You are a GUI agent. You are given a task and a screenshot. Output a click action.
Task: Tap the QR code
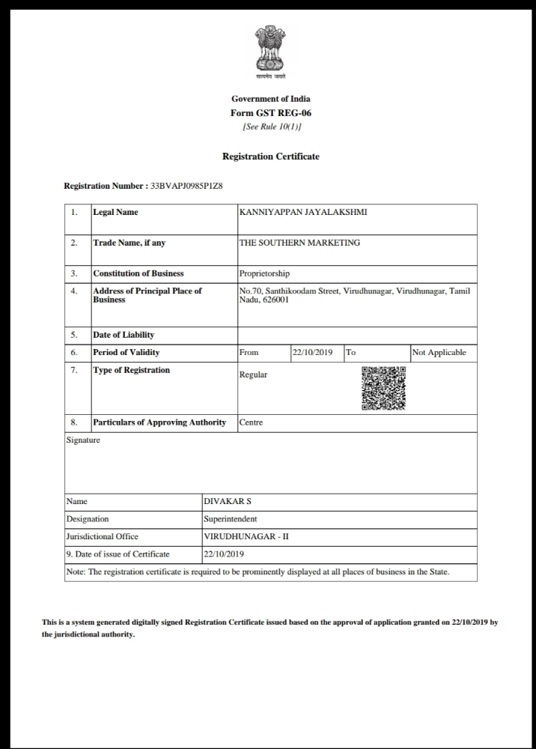383,388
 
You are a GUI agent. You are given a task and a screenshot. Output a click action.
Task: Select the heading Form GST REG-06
271,113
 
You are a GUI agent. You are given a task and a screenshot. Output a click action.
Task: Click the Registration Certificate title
271,157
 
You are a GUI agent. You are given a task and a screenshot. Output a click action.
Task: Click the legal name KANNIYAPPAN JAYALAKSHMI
302,212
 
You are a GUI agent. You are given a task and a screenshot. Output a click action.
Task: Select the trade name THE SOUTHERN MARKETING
299,243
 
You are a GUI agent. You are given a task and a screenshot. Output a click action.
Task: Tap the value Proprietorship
264,273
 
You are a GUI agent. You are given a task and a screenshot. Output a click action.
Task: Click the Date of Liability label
124,335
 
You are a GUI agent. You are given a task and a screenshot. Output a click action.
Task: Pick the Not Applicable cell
439,352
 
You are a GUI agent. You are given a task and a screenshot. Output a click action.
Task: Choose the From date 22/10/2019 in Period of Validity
313,352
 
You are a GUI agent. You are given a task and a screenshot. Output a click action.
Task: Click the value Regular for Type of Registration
253,374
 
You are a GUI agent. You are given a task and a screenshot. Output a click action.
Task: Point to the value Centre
251,422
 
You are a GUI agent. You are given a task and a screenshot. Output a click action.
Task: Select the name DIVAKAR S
222,501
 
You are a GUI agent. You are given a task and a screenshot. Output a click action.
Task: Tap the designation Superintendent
230,518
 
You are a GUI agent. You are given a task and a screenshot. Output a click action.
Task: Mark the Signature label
83,440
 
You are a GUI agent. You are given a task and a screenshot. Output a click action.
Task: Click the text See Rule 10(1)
271,127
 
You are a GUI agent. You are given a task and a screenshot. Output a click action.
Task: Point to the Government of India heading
271,99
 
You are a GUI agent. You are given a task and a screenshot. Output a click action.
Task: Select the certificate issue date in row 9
224,554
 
